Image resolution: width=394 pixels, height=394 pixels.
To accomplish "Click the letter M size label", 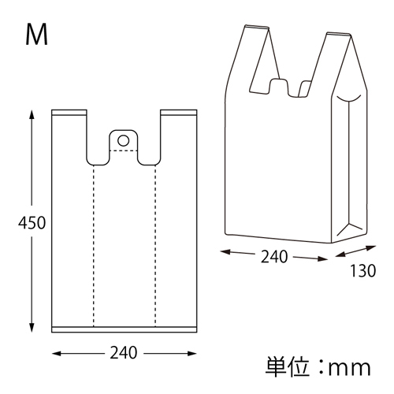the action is (x=37, y=35).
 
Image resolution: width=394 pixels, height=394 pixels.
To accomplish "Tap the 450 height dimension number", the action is (x=32, y=223).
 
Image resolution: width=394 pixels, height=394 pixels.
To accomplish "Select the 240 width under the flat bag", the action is (x=124, y=353).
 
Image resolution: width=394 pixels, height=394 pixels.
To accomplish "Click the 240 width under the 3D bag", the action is (x=274, y=257).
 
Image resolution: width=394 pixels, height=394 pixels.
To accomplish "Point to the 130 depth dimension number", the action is (x=363, y=271).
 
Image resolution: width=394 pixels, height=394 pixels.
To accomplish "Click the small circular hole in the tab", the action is (x=123, y=140).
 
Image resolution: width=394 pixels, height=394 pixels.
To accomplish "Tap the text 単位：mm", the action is (x=318, y=367).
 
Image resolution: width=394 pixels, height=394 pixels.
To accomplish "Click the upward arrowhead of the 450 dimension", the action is (x=32, y=115).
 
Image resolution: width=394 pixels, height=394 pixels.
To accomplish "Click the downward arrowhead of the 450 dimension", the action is (x=32, y=327).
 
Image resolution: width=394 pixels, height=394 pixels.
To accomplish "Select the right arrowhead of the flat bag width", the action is (x=191, y=354).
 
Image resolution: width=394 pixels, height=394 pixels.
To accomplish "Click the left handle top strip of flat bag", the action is (x=69, y=113).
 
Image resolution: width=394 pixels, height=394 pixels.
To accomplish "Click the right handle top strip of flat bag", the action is (x=179, y=113).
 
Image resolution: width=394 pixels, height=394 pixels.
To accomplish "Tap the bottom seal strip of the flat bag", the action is (x=124, y=329).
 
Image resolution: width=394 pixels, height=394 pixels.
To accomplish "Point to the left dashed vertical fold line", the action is (x=93, y=246).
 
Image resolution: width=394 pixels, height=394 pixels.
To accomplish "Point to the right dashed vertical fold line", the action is (x=155, y=246).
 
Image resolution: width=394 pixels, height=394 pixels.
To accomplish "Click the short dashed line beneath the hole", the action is (x=123, y=151).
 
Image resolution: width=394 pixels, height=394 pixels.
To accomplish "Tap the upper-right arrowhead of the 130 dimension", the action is (x=371, y=247).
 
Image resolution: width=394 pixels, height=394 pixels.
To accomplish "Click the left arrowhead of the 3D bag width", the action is (x=225, y=252).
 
